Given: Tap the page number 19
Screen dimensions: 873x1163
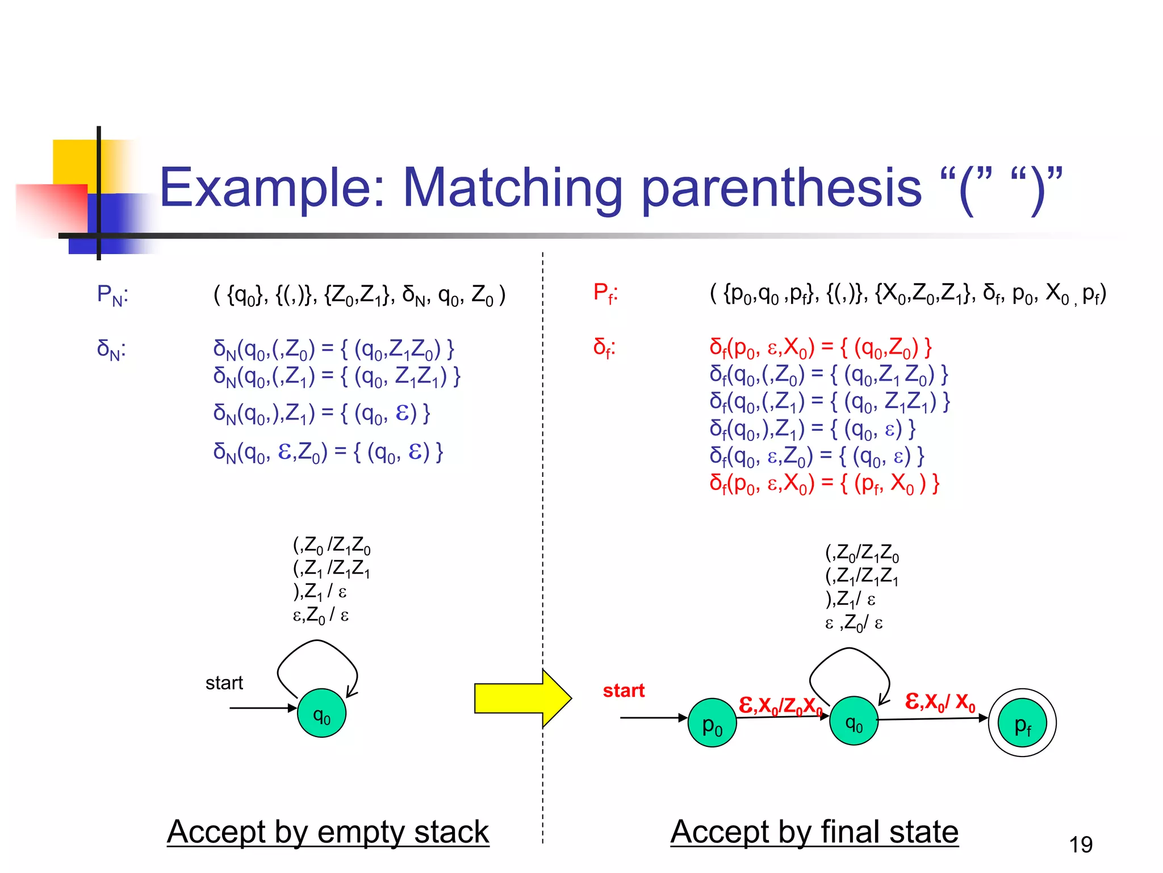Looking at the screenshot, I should point(1080,845).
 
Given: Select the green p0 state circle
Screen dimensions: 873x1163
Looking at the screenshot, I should point(712,723).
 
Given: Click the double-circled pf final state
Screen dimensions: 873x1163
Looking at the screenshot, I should point(1022,723).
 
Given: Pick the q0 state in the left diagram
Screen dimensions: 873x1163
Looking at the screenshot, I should point(321,713).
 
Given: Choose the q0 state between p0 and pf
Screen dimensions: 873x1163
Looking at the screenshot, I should point(854,721).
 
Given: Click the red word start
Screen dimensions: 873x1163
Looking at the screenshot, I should point(624,691).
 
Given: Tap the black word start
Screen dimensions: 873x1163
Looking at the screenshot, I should point(224,683).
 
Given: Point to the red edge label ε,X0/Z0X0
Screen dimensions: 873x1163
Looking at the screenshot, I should point(780,705).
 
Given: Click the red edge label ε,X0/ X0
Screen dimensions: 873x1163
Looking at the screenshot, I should point(940,702).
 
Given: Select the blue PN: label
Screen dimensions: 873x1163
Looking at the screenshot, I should point(112,295).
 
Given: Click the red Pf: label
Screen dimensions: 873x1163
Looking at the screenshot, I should point(605,293).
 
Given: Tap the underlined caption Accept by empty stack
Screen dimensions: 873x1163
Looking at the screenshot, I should point(328,832).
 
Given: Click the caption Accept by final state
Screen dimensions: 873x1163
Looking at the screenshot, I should point(814,832).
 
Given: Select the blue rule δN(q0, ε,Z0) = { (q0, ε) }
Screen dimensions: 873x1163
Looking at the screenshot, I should point(328,452).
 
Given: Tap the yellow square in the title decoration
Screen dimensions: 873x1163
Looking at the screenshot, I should point(74,161).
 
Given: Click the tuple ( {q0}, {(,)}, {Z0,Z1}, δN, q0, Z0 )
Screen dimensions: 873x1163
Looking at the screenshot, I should point(359,295).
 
